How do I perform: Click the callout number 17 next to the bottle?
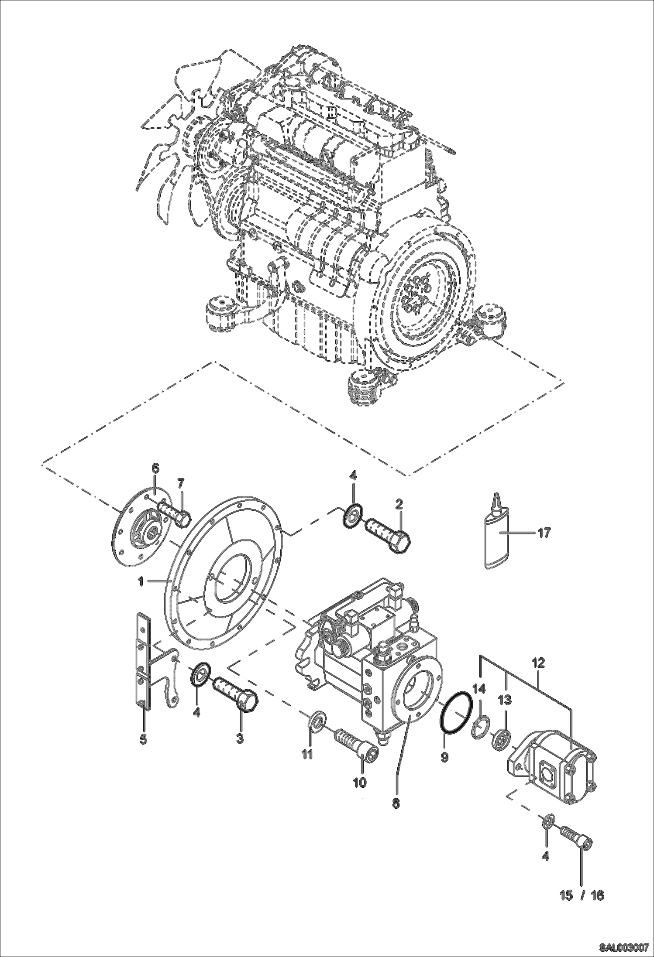click(544, 533)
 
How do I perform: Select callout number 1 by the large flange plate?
click(141, 581)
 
